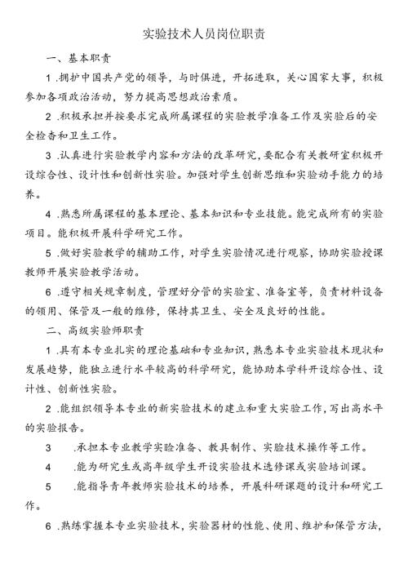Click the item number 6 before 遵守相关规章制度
click(50, 291)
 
